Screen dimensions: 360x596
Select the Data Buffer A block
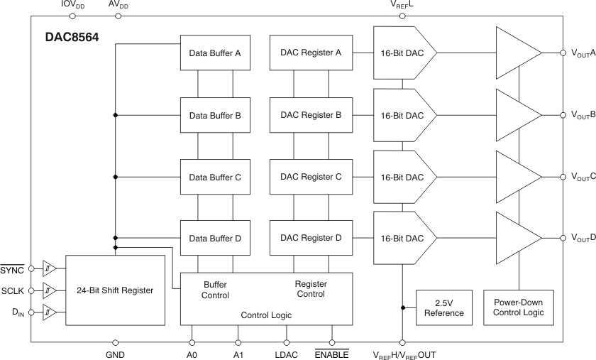click(x=215, y=53)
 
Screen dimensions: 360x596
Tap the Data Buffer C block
click(x=215, y=176)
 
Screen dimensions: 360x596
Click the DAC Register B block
click(x=311, y=114)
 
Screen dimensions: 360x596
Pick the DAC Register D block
click(x=311, y=238)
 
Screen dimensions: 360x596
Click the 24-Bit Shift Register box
click(x=115, y=290)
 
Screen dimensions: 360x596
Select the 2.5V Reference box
click(x=444, y=307)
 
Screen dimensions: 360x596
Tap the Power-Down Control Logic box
click(x=519, y=307)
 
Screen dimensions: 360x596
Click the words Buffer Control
click(x=215, y=288)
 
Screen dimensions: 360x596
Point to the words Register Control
click(x=310, y=288)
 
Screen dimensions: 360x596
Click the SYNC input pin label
click(x=11, y=270)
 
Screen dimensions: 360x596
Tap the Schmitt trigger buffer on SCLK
click(x=49, y=290)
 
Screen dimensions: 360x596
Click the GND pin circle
click(x=115, y=342)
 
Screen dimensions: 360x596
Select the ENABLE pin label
click(x=331, y=354)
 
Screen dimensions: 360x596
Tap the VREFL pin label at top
click(x=402, y=5)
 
